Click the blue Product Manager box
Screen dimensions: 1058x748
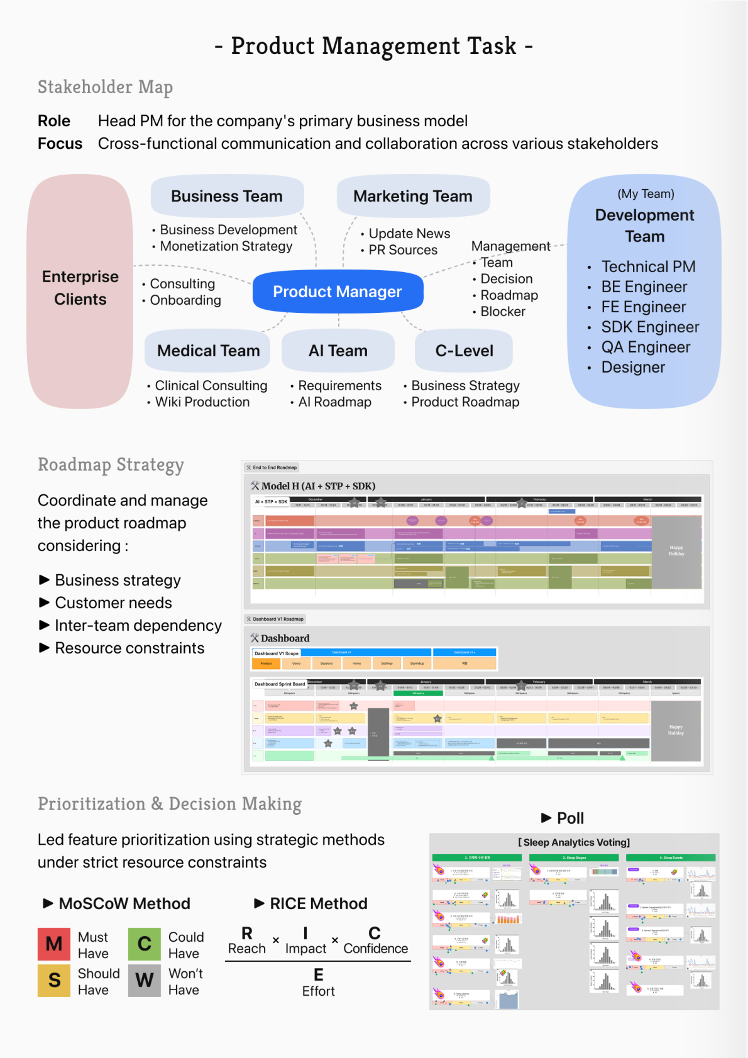(x=338, y=292)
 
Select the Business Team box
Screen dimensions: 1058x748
(x=227, y=196)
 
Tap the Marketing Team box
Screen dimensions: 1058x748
(x=413, y=196)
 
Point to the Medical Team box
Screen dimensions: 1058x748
(x=208, y=351)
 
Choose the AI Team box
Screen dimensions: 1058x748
(x=338, y=351)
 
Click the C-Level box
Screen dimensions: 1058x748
(x=464, y=351)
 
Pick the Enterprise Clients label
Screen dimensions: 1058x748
(x=80, y=288)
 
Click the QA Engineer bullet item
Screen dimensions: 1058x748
(x=646, y=347)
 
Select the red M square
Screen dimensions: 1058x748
(x=54, y=944)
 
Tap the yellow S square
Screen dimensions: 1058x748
(x=54, y=980)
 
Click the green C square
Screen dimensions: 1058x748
(x=145, y=944)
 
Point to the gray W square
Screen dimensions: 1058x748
(x=145, y=980)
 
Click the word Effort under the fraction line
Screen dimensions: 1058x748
(x=319, y=991)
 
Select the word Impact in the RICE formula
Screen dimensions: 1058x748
(x=305, y=949)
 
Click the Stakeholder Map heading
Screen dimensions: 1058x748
(x=105, y=87)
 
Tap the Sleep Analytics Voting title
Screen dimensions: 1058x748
(x=574, y=843)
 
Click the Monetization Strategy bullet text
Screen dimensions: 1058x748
(x=226, y=246)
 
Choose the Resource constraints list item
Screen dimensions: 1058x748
(x=129, y=648)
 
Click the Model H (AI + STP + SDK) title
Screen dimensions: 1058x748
(x=318, y=486)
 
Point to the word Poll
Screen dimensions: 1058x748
(x=570, y=818)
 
